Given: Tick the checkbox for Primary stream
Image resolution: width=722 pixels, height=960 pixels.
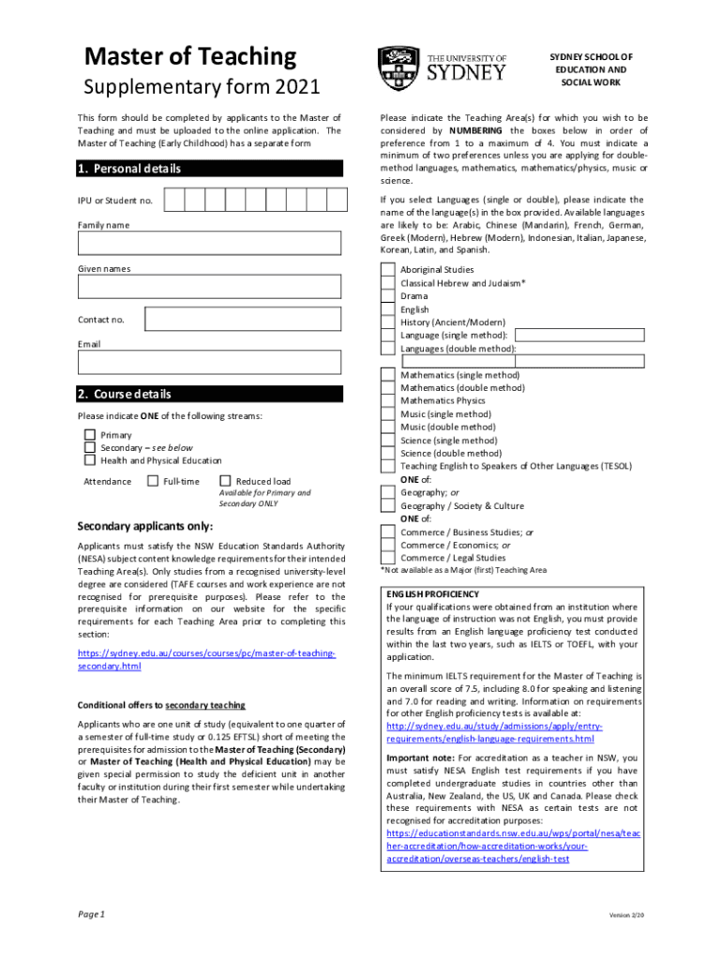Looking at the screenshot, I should (90, 435).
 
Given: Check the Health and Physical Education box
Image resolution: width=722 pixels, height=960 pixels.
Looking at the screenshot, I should (90, 460).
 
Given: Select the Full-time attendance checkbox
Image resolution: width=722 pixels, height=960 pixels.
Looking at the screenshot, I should (153, 481).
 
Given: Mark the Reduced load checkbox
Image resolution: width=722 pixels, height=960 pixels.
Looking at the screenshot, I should (225, 481).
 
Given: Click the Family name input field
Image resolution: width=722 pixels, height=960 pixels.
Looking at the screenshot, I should (209, 243).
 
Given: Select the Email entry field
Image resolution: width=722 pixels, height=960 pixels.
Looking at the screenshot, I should (209, 362).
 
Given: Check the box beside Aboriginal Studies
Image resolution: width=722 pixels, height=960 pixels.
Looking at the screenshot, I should (387, 270).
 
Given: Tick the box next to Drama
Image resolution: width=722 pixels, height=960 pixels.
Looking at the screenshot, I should (387, 296).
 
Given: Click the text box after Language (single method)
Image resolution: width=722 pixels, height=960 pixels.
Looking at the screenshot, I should (579, 335).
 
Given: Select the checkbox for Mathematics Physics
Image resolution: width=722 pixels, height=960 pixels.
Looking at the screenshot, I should (387, 400).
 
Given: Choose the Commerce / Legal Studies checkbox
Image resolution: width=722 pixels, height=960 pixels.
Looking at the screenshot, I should (387, 558).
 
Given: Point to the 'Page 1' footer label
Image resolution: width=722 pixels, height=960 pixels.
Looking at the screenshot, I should (91, 913).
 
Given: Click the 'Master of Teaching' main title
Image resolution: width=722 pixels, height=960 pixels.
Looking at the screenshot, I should (190, 57).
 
